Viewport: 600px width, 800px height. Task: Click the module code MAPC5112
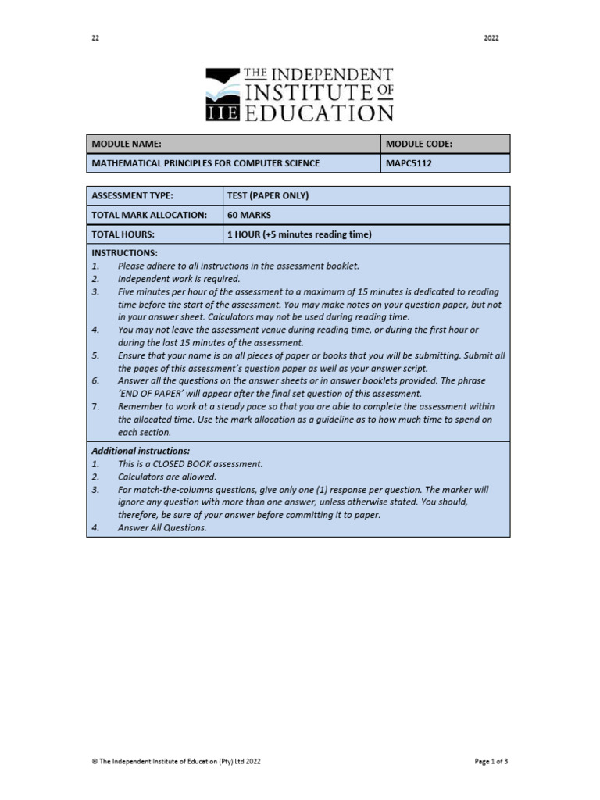(409, 163)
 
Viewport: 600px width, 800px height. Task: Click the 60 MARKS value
(249, 215)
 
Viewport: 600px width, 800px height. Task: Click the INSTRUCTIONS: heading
(125, 253)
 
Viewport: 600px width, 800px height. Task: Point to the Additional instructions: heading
(141, 451)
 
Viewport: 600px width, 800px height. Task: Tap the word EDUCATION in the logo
(319, 113)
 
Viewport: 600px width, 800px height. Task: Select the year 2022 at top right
(491, 38)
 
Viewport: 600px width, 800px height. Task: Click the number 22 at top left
(96, 38)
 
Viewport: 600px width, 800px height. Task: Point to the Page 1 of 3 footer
(492, 760)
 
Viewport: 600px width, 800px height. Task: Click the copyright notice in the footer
(177, 760)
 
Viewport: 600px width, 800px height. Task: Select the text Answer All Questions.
(162, 527)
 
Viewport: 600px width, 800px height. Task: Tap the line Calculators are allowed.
(167, 477)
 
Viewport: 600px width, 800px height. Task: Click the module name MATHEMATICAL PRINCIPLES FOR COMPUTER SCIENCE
(206, 163)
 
